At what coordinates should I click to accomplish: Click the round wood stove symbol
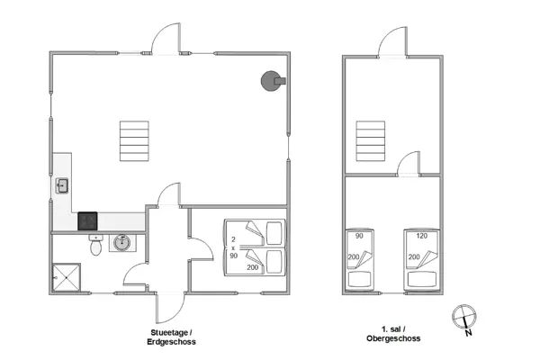click(270, 81)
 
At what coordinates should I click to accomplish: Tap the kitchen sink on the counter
click(62, 186)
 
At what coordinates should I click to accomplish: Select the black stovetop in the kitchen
click(87, 220)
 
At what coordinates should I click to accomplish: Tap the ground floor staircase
click(132, 139)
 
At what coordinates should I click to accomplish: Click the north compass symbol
click(463, 318)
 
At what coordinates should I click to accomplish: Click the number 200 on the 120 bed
click(414, 257)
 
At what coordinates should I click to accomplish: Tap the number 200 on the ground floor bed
click(252, 267)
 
